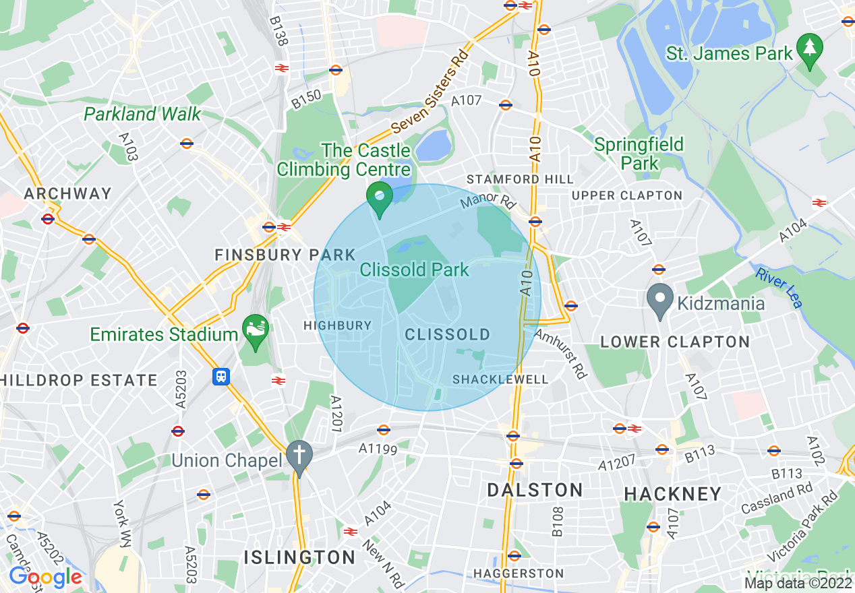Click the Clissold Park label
414,270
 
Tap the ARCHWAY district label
67,194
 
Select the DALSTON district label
535,490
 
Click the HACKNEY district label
673,494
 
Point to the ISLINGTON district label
299,557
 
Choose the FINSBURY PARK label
285,255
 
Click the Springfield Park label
639,154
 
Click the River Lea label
779,288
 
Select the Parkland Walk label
142,114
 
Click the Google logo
45,578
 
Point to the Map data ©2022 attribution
798,583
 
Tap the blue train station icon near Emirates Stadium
220,376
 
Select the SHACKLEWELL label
500,379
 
